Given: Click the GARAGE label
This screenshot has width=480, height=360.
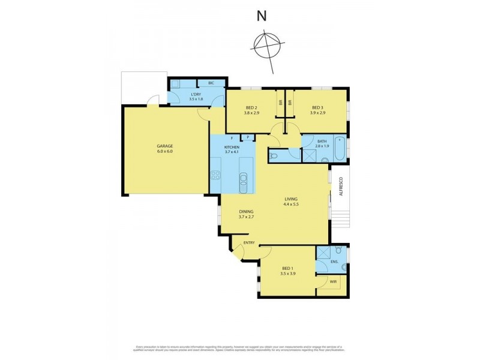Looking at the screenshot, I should [165, 146].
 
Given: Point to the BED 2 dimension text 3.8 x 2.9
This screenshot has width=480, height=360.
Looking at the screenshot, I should [250, 113].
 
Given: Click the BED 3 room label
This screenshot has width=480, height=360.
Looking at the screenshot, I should [317, 107].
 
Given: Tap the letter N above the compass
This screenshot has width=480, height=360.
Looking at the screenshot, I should [262, 16].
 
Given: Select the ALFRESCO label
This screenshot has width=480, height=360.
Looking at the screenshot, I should [340, 185].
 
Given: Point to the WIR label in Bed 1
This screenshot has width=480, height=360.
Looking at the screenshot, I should [333, 281].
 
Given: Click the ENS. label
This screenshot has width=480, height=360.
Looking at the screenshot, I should [334, 262].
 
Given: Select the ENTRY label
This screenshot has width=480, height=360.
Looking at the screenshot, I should [249, 243].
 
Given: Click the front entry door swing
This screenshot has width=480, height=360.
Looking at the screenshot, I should [238, 251].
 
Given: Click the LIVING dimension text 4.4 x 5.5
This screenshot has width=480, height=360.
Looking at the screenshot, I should [292, 205].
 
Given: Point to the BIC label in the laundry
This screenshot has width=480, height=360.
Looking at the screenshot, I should [211, 83].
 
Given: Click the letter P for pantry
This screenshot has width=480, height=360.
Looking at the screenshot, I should [247, 137].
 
